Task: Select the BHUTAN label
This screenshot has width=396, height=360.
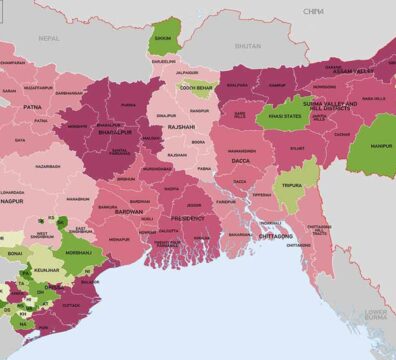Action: (x=247, y=46)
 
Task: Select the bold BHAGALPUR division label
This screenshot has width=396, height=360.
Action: (x=117, y=131)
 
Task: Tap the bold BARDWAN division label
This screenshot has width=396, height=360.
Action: (x=130, y=212)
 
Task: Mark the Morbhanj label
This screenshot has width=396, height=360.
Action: (x=78, y=253)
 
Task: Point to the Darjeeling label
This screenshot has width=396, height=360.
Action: (x=163, y=61)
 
